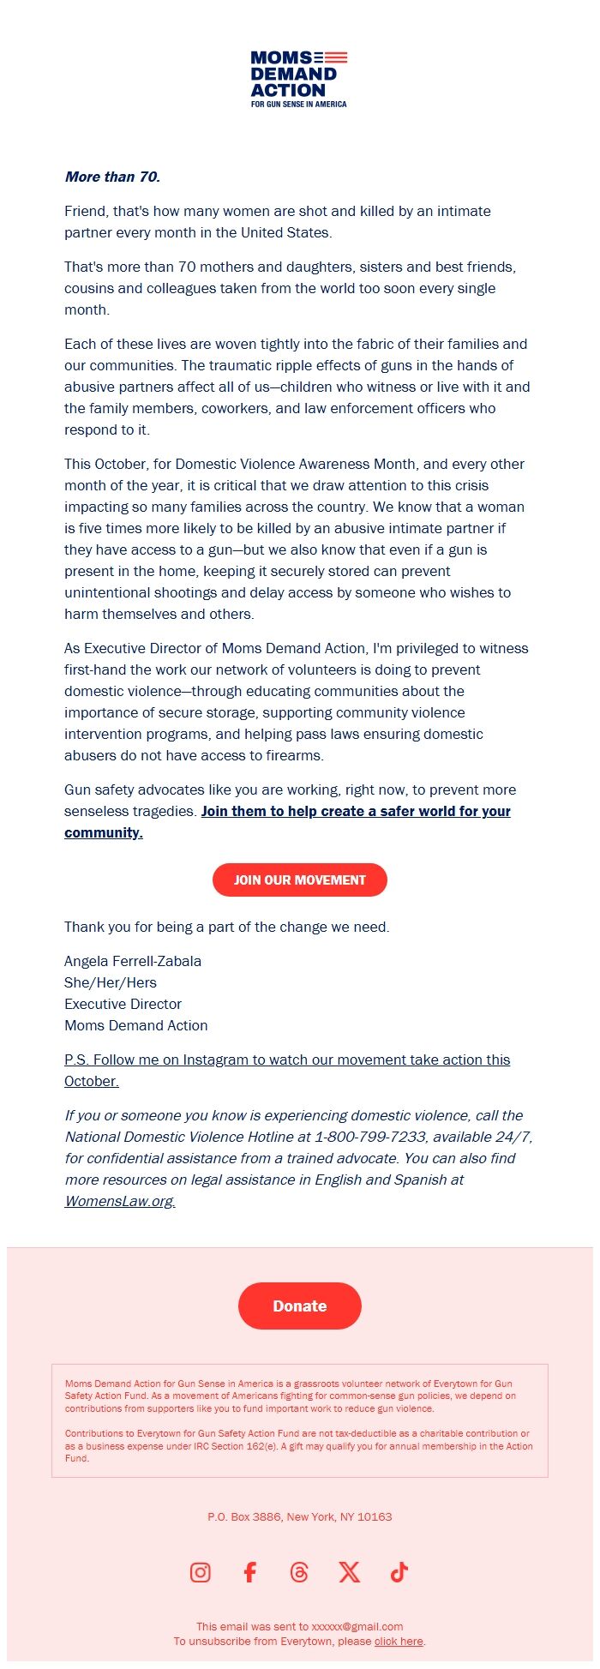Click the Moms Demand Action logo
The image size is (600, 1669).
299,79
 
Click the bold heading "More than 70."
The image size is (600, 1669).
112,177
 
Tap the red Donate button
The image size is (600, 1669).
300,1306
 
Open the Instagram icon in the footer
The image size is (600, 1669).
201,1571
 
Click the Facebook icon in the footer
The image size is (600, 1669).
249,1571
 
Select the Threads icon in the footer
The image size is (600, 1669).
299,1571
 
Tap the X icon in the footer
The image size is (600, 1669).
349,1571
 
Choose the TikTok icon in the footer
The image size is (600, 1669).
399,1571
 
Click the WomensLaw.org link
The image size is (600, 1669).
120,1201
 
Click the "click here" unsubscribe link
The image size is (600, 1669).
399,1641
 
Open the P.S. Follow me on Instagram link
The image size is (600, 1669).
287,1060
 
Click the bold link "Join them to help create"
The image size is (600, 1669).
356,811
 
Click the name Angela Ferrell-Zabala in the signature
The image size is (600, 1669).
133,961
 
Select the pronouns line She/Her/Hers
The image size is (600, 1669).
111,982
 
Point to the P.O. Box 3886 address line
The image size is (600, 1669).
299,1516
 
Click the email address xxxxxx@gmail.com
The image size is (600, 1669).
357,1626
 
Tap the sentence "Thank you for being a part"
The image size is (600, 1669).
226,927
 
